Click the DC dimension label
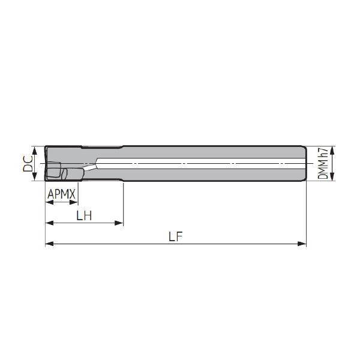28,163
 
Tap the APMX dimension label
61,194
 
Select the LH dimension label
84,215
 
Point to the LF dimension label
176,236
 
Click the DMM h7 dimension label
322,163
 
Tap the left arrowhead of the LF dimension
49,244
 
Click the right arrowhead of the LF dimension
302,244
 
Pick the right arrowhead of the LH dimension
119,223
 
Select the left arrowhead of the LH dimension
49,223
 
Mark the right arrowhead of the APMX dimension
74,202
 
